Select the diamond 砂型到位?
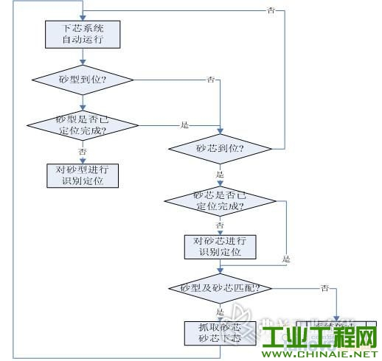82,79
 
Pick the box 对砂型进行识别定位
82,175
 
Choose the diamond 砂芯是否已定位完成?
219,200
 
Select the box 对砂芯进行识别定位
220,246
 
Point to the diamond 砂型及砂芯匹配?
220,287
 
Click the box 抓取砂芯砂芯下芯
220,332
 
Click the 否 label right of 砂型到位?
212,78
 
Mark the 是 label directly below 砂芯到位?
220,174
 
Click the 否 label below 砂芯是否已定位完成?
220,225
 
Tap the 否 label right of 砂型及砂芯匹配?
324,286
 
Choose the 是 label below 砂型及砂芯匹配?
220,311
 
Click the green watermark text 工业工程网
320,337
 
